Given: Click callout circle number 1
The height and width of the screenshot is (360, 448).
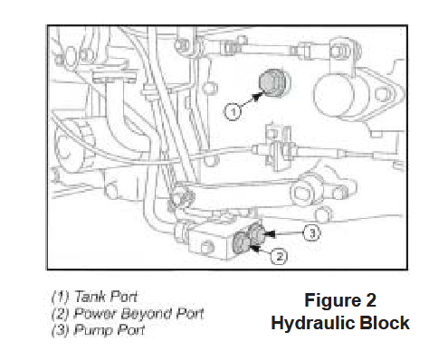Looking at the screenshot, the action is point(233,111).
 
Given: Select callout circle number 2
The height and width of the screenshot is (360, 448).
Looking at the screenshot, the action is point(279,257).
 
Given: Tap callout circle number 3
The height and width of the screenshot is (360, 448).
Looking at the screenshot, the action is point(312,232).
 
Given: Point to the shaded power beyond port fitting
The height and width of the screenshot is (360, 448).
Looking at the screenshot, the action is point(242,242).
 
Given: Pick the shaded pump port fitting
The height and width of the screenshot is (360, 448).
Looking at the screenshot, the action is point(256,233).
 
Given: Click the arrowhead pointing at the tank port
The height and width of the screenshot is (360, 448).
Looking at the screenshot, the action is point(257,96).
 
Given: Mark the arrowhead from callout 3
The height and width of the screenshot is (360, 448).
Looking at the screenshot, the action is point(269,233).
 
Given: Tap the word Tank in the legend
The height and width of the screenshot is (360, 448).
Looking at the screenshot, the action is point(90,297).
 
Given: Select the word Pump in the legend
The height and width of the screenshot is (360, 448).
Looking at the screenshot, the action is point(93,330).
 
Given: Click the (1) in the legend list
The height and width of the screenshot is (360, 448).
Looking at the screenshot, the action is point(61,297).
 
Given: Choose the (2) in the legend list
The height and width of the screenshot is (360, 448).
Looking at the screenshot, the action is point(61,314).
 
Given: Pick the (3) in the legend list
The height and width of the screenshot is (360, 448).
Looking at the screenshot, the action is point(61,330).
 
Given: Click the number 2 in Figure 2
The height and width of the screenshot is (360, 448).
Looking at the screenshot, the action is point(371,300).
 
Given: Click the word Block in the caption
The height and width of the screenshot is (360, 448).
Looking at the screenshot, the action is point(385,323).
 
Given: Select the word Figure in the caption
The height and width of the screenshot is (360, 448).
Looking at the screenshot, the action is point(333,301).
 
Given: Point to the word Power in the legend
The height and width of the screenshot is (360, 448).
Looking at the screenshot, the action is point(95,313).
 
